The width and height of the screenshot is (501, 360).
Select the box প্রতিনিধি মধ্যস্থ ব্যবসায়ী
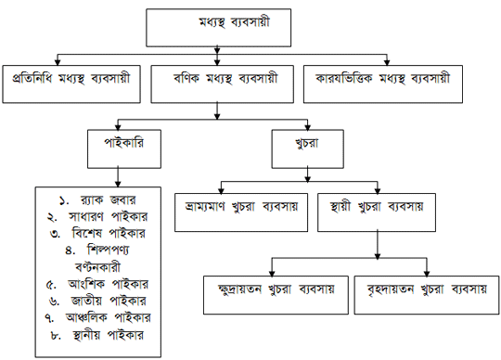point(71,83)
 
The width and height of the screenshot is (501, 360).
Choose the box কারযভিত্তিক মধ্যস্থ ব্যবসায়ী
point(382,83)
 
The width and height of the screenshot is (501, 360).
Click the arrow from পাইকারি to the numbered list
point(118,176)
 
